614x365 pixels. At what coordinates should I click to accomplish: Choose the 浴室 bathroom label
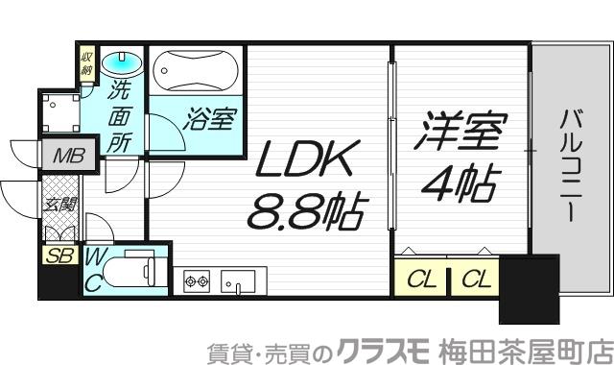(209, 121)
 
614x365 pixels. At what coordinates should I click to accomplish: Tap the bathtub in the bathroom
(198, 68)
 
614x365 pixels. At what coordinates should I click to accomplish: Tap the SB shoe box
(59, 255)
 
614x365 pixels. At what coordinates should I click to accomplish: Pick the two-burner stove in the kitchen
(196, 281)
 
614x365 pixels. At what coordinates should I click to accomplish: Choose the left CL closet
(419, 280)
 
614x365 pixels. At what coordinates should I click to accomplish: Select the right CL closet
(473, 280)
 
